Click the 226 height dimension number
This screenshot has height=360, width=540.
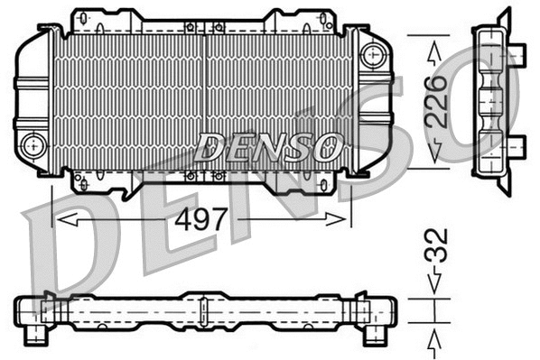(x=438, y=102)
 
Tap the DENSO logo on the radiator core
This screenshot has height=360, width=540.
(x=268, y=144)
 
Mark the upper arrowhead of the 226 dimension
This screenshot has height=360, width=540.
(x=438, y=50)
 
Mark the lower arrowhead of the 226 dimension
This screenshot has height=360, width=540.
(x=438, y=154)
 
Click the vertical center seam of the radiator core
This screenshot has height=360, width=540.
(x=206, y=99)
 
